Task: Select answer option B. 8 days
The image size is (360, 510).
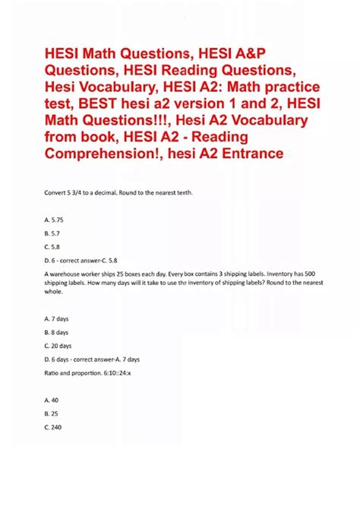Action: click(58, 332)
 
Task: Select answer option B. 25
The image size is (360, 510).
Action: click(52, 414)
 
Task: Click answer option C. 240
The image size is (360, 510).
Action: click(54, 428)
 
